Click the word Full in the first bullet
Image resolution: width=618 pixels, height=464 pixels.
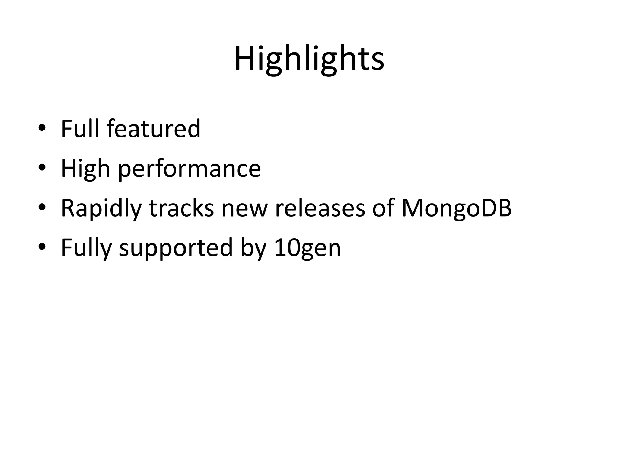(80, 129)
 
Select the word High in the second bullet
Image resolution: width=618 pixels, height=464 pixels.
(85, 169)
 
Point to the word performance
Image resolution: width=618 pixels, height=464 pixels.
(189, 169)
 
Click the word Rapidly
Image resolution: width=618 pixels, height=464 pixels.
(101, 208)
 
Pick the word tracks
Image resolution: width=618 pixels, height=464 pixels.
(181, 208)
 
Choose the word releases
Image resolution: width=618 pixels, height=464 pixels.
(320, 208)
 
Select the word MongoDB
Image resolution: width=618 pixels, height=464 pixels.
(457, 208)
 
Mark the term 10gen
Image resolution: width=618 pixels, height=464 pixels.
(307, 248)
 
